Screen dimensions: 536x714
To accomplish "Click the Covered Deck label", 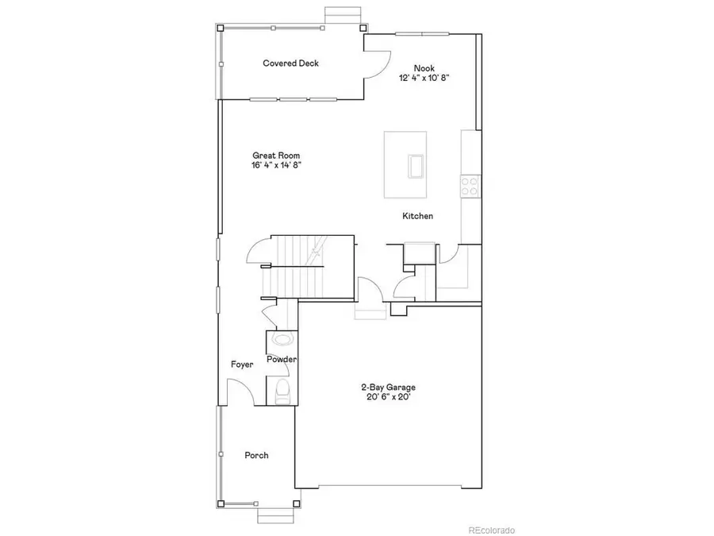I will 290,63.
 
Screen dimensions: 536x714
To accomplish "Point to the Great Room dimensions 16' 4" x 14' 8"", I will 275,165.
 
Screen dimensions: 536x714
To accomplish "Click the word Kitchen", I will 417,216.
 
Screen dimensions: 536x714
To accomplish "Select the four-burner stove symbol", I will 470,186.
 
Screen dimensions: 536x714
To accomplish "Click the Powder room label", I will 282,360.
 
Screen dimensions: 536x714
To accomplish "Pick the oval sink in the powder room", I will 282,340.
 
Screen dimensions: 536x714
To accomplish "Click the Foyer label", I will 242,364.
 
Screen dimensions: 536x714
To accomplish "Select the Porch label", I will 256,456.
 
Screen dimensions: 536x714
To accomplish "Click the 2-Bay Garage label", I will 388,388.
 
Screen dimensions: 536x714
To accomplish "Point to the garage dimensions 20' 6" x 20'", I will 388,397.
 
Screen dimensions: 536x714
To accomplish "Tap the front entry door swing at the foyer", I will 241,393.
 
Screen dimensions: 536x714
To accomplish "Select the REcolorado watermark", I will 491,529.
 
